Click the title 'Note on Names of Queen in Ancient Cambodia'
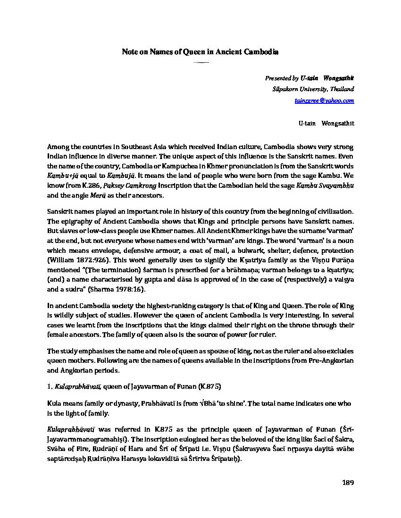[200, 52]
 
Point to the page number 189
[347, 483]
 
